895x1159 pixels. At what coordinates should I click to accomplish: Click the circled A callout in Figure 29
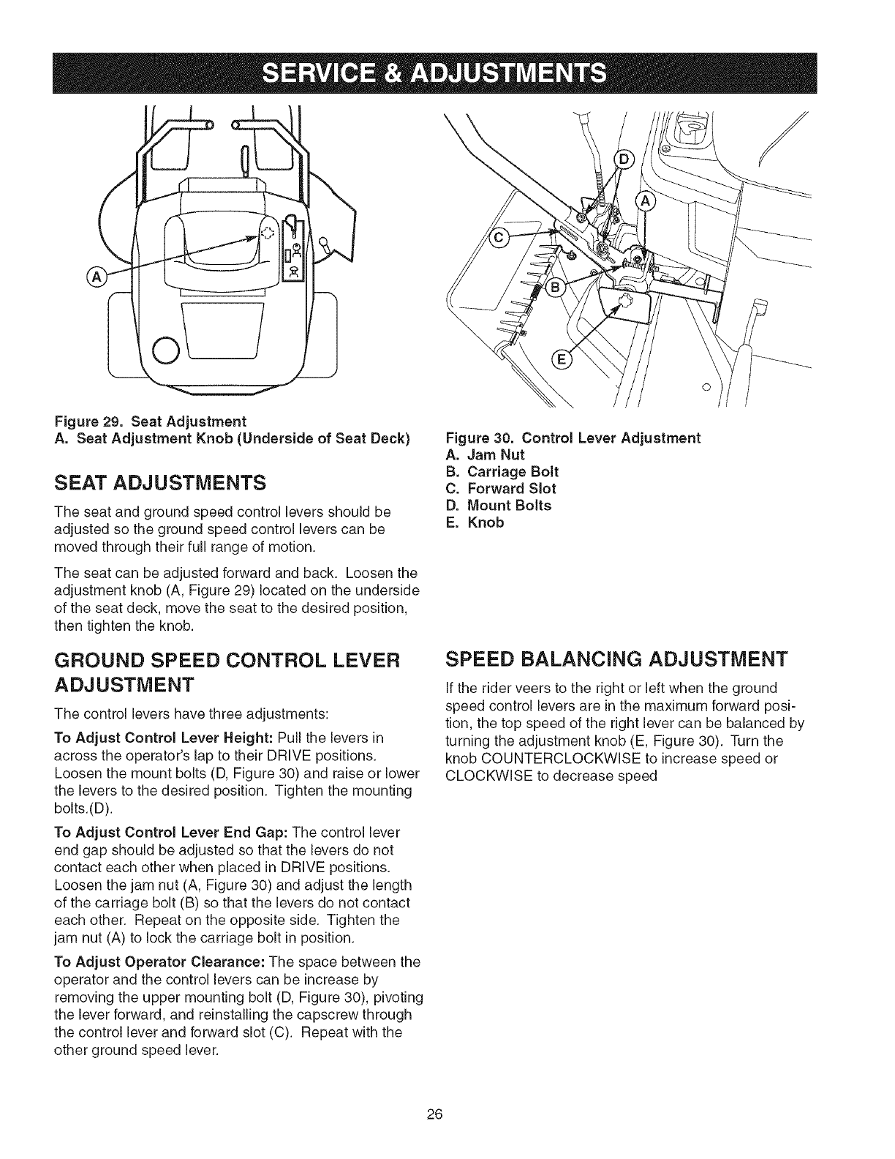[x=96, y=277]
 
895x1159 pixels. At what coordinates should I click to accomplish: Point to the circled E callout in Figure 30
[x=562, y=359]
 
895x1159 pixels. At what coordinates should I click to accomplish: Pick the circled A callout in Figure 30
[x=646, y=202]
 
